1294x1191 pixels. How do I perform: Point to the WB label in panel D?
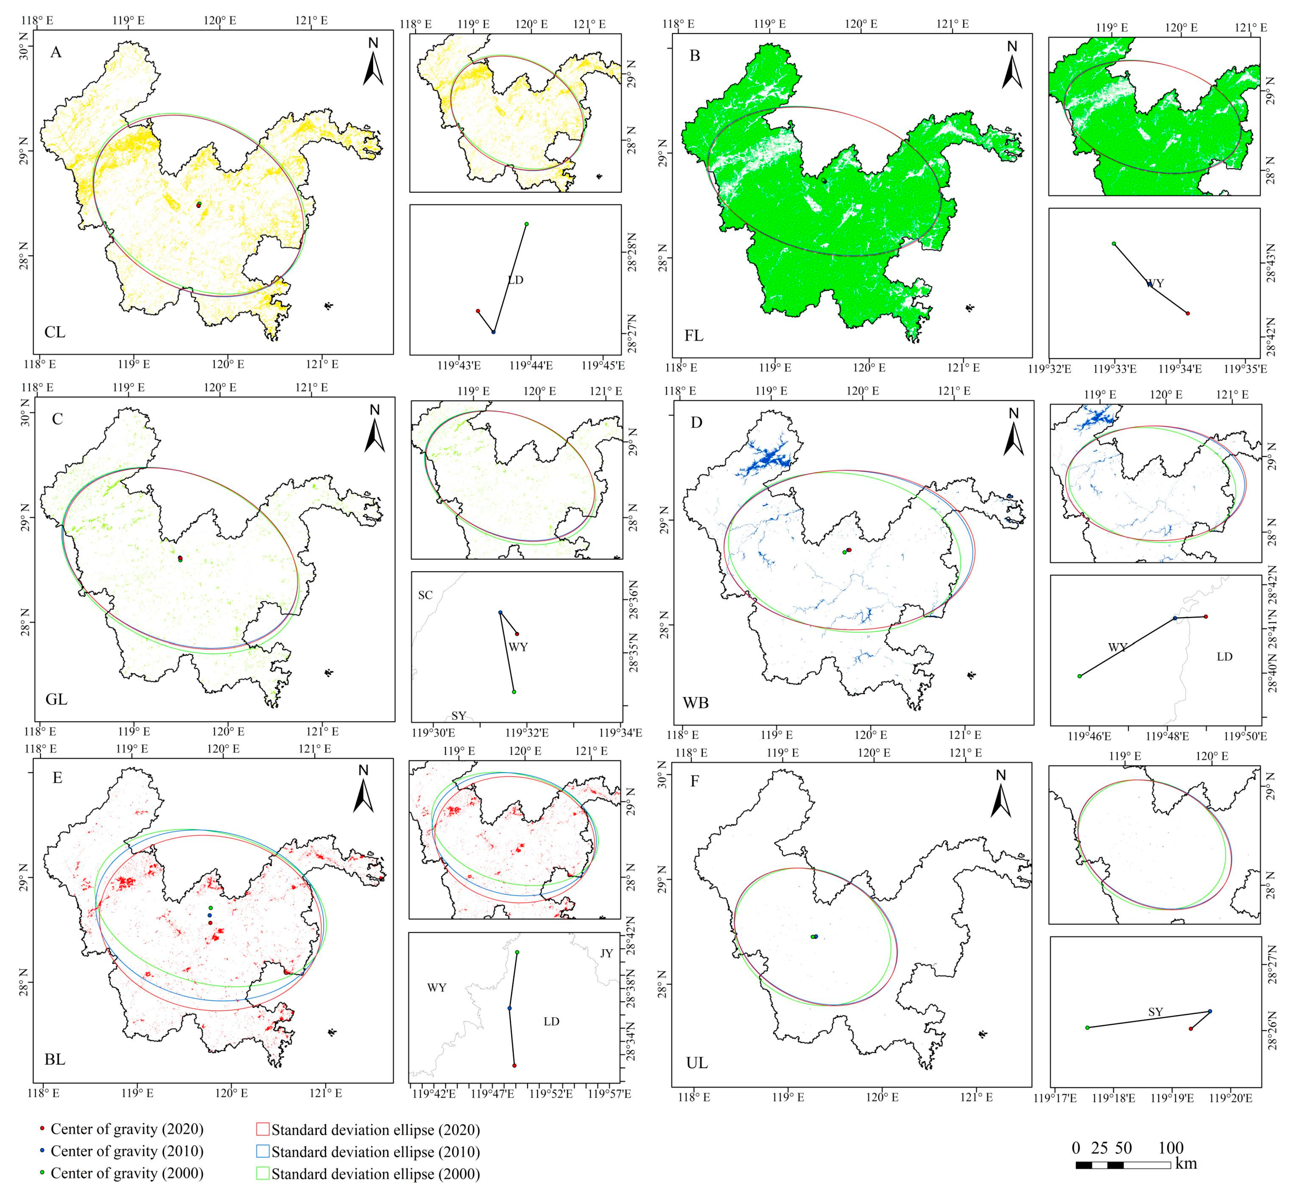point(696,703)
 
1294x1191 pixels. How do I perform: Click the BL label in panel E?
point(55,1059)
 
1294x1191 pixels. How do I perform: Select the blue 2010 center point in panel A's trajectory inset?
point(493,332)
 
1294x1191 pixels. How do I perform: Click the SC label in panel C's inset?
point(425,595)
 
